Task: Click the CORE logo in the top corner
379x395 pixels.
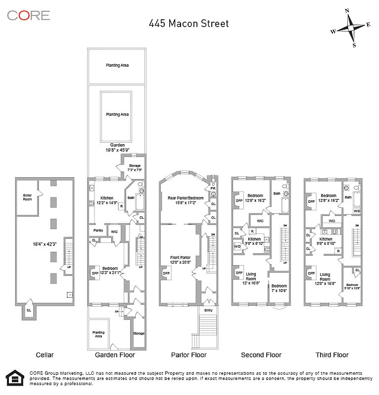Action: tap(28, 15)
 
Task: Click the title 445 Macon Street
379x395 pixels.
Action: tap(189, 24)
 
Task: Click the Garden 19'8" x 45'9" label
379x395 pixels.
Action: tap(117, 147)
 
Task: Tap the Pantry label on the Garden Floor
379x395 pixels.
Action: tap(98, 231)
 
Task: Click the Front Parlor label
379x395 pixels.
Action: tap(181, 260)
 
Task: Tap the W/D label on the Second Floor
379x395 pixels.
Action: tap(237, 246)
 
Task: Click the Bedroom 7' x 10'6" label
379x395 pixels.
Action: tap(279, 288)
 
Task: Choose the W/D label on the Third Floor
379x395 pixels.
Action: tap(357, 211)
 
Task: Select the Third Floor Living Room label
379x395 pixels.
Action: tap(325, 276)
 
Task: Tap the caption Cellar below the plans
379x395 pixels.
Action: tap(45, 355)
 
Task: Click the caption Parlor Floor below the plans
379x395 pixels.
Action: tap(189, 355)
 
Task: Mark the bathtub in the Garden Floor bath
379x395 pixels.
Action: tap(138, 203)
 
